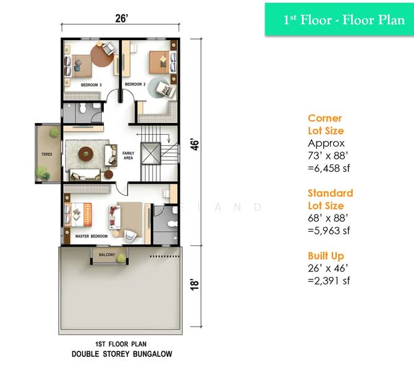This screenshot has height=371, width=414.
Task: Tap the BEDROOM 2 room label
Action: click(135, 84)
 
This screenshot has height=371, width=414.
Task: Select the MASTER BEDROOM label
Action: click(91, 236)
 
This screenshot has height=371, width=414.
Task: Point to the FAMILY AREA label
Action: click(128, 155)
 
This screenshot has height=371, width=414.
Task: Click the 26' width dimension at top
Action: click(121, 19)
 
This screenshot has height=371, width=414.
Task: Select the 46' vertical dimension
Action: click(195, 145)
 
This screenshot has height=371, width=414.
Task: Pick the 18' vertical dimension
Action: click(195, 284)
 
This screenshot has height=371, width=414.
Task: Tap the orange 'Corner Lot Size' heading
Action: click(326, 124)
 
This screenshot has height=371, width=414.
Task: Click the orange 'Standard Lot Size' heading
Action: click(331, 199)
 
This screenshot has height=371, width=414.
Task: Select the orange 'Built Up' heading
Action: click(326, 255)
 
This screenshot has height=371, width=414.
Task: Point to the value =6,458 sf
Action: click(329, 168)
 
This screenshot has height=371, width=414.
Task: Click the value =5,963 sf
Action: click(329, 231)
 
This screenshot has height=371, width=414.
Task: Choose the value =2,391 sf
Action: click(329, 280)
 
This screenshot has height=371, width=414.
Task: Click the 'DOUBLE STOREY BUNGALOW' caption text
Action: click(121, 354)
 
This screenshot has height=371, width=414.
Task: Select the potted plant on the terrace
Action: click(43, 173)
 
